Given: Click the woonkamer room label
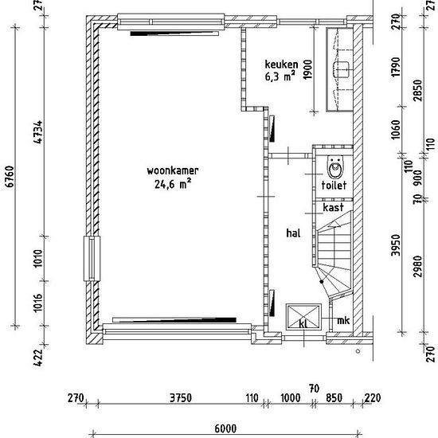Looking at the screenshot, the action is (173, 170).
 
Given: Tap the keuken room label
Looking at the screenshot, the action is (281, 65).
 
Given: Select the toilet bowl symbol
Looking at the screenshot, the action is (335, 167).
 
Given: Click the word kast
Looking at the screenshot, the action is (333, 207).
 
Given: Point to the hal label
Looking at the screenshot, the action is (293, 233).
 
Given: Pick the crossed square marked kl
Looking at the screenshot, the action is (303, 317).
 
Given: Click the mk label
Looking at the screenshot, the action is (343, 320).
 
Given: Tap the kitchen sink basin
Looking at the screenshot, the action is (341, 69).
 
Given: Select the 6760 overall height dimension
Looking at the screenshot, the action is (10, 176).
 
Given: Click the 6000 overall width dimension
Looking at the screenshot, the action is (225, 428).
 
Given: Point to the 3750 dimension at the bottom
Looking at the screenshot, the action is (181, 398).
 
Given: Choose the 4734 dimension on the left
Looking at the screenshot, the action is (37, 132).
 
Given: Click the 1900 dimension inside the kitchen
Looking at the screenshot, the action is (307, 69).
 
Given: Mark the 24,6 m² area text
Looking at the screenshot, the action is (173, 184).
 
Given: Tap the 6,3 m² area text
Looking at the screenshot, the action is (280, 76).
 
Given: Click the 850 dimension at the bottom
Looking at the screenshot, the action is (334, 398).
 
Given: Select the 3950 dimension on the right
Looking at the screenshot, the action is (396, 245).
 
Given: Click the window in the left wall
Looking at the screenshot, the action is (92, 258).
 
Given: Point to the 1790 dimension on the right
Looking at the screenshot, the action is (396, 67).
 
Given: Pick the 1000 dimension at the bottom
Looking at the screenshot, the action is (291, 398).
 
